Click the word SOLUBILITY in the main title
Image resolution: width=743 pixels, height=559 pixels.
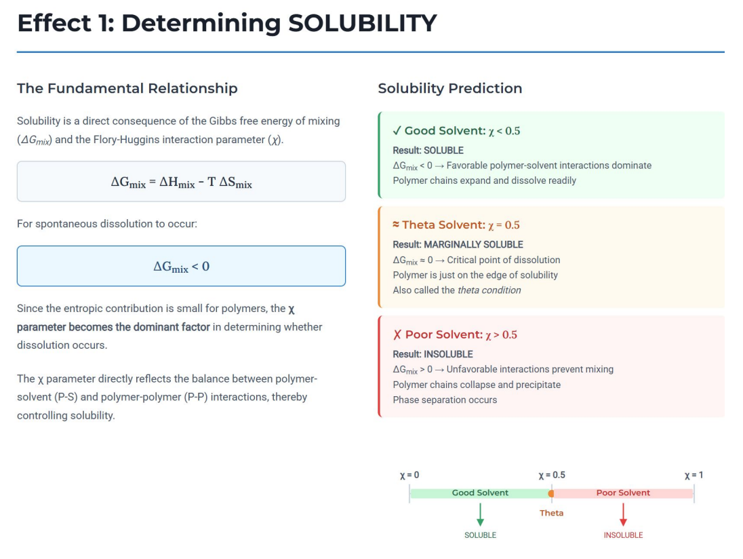click(362, 23)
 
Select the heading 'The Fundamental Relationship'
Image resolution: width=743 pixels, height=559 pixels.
click(127, 88)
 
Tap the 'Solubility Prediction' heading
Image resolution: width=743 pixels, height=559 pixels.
click(449, 88)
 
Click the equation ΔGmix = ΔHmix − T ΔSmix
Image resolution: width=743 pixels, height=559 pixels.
click(181, 182)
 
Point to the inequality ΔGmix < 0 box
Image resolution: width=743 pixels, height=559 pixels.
click(181, 266)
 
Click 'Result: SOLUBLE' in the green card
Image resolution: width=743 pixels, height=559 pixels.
click(428, 150)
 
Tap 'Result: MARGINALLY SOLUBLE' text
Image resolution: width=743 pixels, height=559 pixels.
click(458, 244)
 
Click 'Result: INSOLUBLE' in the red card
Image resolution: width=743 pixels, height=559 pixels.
click(433, 354)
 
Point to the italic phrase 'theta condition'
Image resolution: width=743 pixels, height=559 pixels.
click(489, 290)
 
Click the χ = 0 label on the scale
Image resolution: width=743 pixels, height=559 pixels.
click(409, 475)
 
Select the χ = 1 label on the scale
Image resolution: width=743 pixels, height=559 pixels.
click(694, 475)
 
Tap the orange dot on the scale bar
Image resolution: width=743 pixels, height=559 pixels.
click(551, 493)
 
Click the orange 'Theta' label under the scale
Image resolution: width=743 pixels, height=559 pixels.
click(551, 513)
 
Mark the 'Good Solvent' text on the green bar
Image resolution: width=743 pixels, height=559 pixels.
click(480, 493)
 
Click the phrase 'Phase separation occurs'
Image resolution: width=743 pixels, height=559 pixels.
click(445, 400)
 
